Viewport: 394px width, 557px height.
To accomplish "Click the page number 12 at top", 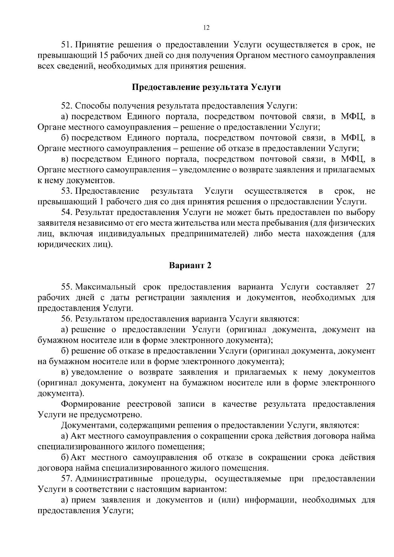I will click(x=207, y=28).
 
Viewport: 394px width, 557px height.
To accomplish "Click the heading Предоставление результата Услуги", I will click(x=207, y=87).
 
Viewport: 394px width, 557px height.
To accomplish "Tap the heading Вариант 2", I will click(x=190, y=265).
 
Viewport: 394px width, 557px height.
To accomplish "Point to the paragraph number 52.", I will click(x=67, y=106).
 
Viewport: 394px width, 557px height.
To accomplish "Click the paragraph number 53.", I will click(x=67, y=191).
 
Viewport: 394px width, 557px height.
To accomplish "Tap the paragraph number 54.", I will click(x=67, y=212).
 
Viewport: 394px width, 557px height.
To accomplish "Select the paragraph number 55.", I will click(x=67, y=287).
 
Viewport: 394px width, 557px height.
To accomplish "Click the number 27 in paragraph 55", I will click(x=370, y=287).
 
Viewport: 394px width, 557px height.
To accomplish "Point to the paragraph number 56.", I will click(x=67, y=319).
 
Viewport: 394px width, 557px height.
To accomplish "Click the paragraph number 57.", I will click(x=67, y=479).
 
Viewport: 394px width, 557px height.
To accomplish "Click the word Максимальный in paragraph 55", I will click(x=105, y=287).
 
